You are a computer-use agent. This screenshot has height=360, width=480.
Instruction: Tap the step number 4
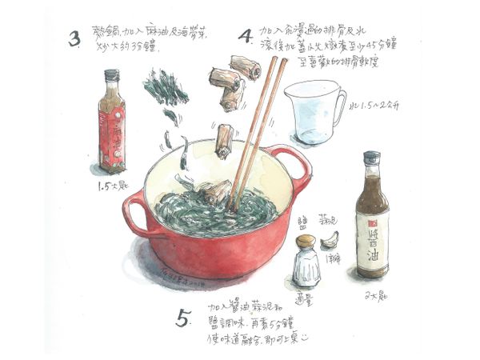tap(246, 36)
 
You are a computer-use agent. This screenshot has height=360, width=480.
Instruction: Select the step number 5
tap(184, 319)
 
